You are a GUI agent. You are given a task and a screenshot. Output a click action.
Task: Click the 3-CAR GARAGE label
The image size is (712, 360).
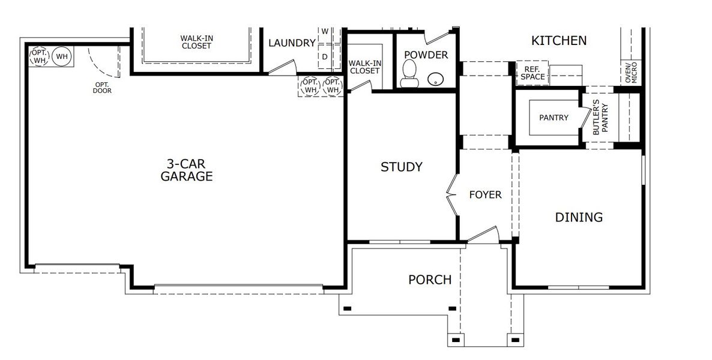point(187,170)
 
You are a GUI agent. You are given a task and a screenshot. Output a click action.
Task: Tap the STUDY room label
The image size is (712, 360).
point(402,167)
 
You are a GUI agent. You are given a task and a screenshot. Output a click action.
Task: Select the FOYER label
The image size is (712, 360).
point(485,195)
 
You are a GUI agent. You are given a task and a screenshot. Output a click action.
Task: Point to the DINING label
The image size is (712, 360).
point(578,217)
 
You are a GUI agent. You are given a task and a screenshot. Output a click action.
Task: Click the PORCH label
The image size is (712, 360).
point(430,280)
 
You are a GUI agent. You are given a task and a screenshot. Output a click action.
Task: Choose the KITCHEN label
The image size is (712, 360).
point(559,41)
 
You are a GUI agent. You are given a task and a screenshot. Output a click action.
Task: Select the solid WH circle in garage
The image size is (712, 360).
point(61,57)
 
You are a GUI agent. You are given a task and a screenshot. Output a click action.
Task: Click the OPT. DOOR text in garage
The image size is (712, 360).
point(102,88)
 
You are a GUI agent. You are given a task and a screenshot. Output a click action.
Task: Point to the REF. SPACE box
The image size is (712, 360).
point(532,73)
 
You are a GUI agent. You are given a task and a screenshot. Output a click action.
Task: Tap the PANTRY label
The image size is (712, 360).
point(554,118)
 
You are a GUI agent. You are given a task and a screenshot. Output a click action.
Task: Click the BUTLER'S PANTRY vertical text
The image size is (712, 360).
point(600,119)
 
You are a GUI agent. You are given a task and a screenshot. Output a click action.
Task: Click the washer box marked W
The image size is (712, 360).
point(325,31)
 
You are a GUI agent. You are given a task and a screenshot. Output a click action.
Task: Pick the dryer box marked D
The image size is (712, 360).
point(325,56)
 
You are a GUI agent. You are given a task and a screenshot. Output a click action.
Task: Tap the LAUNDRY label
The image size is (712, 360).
point(292,43)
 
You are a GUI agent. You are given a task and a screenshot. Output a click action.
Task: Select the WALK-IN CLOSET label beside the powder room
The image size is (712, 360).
point(365,66)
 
